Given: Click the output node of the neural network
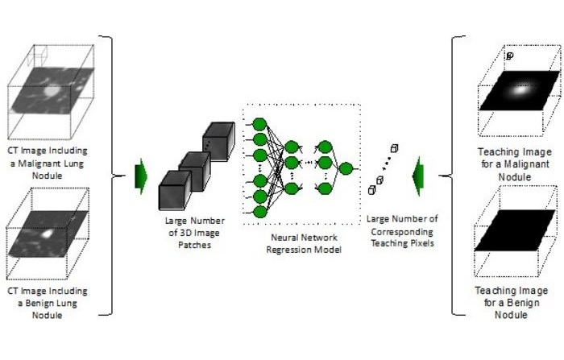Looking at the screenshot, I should click(346, 168).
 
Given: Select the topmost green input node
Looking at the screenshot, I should click(259, 124).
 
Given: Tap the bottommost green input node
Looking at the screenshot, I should click(259, 211).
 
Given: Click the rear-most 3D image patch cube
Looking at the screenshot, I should click(218, 141).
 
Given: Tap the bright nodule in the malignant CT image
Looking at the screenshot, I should click(50, 91).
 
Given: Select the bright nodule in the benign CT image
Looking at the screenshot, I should click(48, 233).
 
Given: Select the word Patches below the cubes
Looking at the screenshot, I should click(191, 244).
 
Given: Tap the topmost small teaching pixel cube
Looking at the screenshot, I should click(395, 148).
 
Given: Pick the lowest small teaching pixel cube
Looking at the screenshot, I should click(372, 190).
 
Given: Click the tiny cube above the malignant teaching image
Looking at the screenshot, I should click(509, 56).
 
